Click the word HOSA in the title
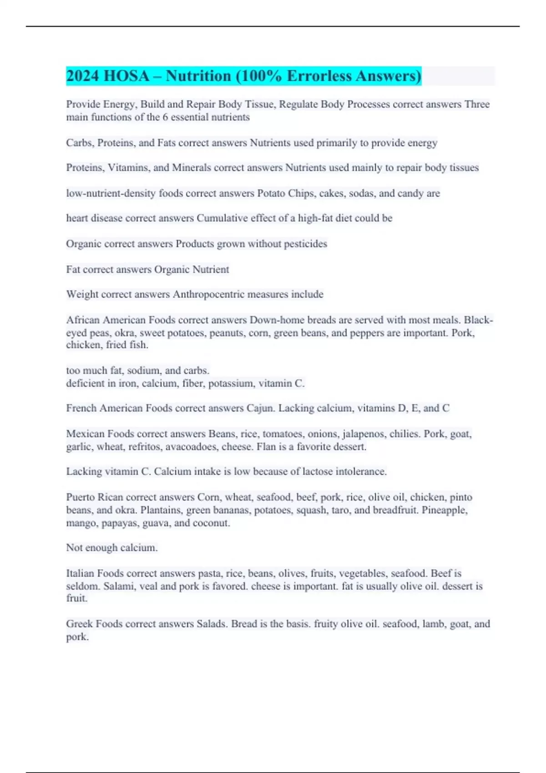pos(126,76)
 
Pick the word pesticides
pos(305,244)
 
